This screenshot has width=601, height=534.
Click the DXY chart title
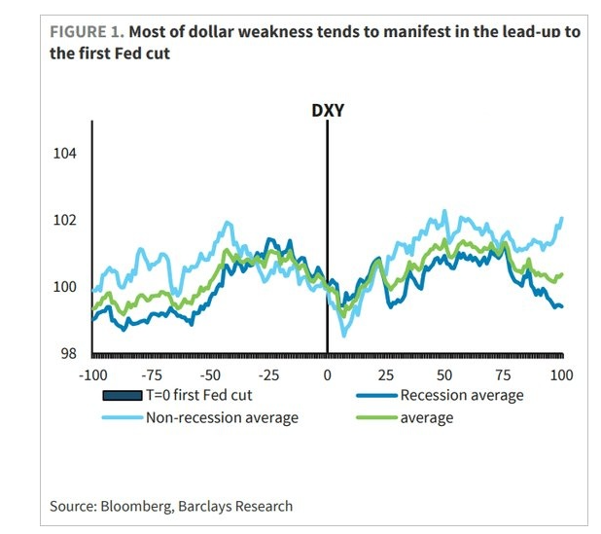tap(327, 111)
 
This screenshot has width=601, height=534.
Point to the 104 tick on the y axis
tap(64, 154)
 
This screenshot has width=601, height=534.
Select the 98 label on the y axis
tap(68, 354)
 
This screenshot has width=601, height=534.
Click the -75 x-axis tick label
tap(151, 374)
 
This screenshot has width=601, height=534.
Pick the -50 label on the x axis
tap(209, 374)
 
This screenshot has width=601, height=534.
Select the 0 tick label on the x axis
tap(328, 374)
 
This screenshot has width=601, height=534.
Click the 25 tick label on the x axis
tap(386, 374)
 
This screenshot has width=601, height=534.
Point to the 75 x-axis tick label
tap(504, 374)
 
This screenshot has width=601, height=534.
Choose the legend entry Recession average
tap(462, 395)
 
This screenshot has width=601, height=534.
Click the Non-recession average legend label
tap(222, 418)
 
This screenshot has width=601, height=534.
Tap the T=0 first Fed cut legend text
tap(210, 395)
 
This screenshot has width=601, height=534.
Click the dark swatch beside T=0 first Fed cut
tap(124, 395)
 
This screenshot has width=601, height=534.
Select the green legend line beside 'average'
tap(369, 418)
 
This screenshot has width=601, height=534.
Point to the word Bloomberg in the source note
tap(137, 506)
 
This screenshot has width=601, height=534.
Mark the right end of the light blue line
tap(562, 218)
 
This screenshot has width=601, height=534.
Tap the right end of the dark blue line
tap(562, 306)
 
